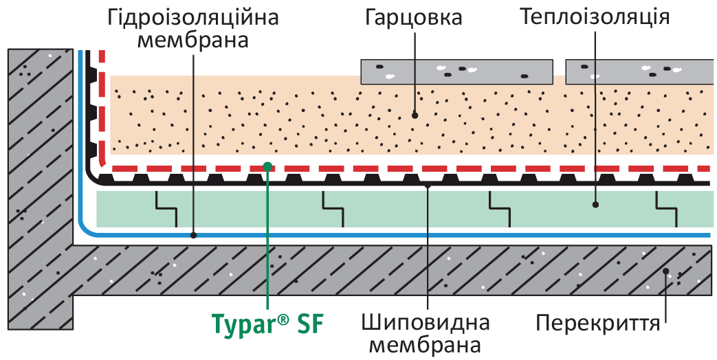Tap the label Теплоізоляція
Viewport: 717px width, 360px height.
595,17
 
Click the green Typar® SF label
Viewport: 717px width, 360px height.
267,324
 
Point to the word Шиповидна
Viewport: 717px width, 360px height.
426,323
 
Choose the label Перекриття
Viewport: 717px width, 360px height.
598,324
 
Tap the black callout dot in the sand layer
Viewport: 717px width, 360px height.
415,115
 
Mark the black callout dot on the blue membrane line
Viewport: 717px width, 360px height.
193,235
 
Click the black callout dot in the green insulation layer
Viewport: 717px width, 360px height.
595,205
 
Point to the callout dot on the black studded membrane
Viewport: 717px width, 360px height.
428,185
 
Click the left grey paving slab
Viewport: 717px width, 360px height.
458,71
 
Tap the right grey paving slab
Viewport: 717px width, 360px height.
640,71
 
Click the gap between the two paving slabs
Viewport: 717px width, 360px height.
560,71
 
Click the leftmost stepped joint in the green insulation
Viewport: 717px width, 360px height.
166,209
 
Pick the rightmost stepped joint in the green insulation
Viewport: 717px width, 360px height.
667,209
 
